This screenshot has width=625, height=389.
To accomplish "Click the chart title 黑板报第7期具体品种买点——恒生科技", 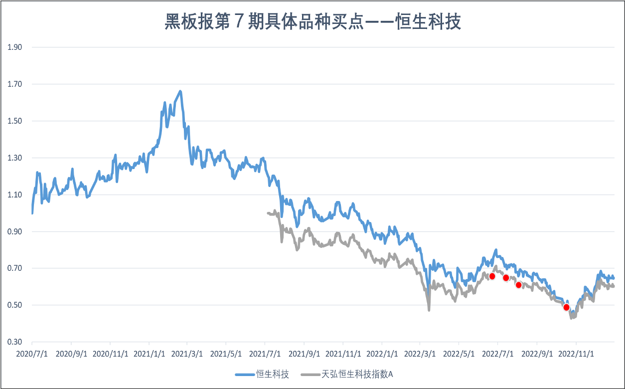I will click(x=312, y=22).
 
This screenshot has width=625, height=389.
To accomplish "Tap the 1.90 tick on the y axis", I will click(x=15, y=47).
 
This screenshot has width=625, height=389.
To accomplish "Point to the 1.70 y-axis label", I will click(x=15, y=84).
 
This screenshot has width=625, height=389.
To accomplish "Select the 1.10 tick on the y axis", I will click(x=15, y=195).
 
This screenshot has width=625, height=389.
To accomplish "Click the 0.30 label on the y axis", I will click(x=15, y=342).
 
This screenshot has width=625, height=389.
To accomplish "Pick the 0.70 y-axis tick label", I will click(x=15, y=268).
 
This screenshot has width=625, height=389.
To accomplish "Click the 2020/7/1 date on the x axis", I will click(x=32, y=354).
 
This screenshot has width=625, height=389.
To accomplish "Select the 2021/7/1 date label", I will click(x=265, y=354).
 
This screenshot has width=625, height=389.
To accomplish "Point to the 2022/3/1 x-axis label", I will click(x=420, y=354).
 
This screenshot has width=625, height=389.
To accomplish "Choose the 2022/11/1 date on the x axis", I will click(x=576, y=354).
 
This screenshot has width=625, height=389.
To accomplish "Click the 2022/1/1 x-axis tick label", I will click(x=381, y=354).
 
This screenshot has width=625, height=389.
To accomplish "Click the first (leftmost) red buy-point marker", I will click(x=492, y=276).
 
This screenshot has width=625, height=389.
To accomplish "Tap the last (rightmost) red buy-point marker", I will click(x=566, y=307).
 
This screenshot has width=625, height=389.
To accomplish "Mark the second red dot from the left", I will click(x=506, y=278).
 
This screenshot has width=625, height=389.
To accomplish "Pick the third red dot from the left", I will click(x=518, y=285).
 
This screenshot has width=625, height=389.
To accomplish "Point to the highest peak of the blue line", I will click(x=180, y=91).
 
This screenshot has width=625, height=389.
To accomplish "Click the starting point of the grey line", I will click(x=268, y=213).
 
